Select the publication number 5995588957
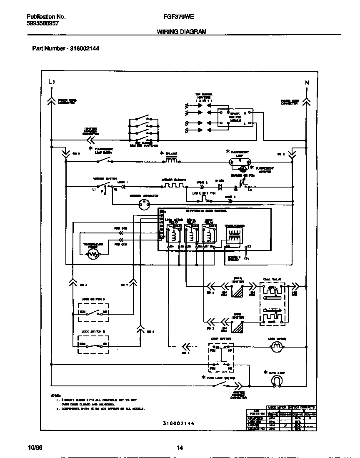[42, 24]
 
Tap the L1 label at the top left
[51, 82]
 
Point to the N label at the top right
[307, 83]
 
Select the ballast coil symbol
[172, 160]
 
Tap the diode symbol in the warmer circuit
[220, 186]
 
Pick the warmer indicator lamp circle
[144, 203]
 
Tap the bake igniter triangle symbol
[237, 328]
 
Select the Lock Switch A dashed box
[93, 312]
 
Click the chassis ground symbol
[246, 259]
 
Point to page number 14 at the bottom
[180, 448]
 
